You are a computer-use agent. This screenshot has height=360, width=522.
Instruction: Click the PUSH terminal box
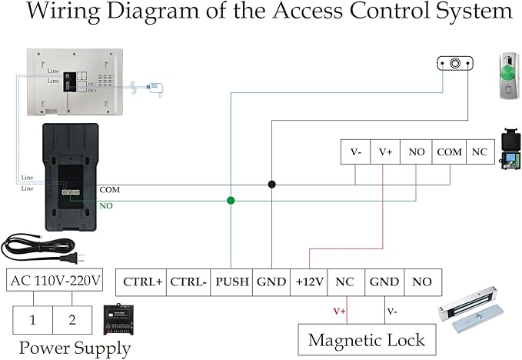pyautogui.click(x=231, y=282)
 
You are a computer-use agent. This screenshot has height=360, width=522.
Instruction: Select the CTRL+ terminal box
pyautogui.click(x=141, y=282)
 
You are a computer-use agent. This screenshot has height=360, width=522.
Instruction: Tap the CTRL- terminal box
pyautogui.click(x=188, y=282)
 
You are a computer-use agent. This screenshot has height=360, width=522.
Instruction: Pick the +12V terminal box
pyautogui.click(x=309, y=282)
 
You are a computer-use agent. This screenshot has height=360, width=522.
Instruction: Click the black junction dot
pyautogui.click(x=271, y=184)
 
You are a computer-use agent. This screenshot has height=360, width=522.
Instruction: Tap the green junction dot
pyautogui.click(x=231, y=201)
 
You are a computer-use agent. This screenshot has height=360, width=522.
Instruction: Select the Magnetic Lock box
pyautogui.click(x=367, y=340)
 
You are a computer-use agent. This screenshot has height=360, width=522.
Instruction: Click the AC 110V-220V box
pyautogui.click(x=55, y=280)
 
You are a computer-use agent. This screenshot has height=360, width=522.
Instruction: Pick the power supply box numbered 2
pyautogui.click(x=72, y=320)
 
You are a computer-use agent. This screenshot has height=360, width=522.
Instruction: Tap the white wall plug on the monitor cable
pyautogui.click(x=155, y=88)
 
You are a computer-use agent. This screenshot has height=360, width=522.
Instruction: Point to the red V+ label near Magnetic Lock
pyautogui.click(x=339, y=311)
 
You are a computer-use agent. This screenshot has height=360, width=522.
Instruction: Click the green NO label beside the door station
pyautogui.click(x=106, y=206)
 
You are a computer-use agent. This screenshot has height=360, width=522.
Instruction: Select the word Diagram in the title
pyautogui.click(x=152, y=12)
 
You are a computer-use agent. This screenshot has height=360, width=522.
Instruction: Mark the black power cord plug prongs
pyautogui.click(x=80, y=257)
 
